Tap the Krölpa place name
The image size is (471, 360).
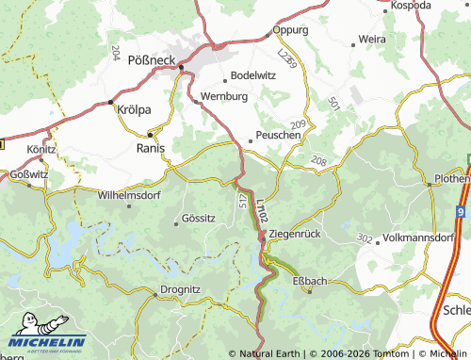133,109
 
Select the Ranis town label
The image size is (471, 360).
151,148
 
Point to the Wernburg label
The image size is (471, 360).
223,97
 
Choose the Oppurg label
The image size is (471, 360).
290,30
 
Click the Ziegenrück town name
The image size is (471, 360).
297,233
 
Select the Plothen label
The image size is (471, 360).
451,179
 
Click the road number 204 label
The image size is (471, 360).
116,52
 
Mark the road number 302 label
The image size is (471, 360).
365,240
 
